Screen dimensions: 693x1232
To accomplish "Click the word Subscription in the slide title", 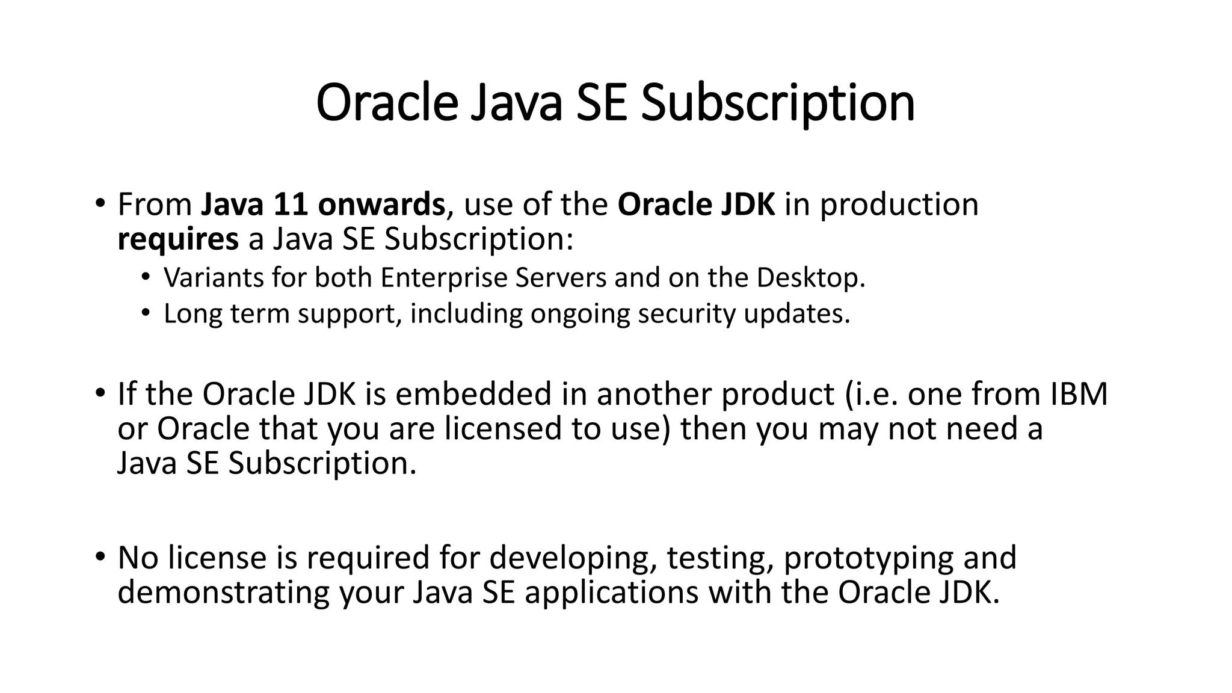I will click(x=777, y=103).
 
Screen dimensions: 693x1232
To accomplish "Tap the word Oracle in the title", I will click(x=387, y=103).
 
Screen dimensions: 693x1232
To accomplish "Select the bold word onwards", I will click(x=381, y=205).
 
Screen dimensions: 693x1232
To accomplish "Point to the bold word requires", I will click(x=178, y=239).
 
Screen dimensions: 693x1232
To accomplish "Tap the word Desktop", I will click(x=810, y=278).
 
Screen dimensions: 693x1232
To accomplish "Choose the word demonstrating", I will click(x=223, y=593).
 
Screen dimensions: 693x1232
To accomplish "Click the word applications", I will click(x=611, y=593).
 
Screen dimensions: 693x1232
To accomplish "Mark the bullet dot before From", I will click(x=99, y=202).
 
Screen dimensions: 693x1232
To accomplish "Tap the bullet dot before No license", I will click(x=99, y=556).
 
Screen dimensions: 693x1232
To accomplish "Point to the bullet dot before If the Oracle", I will click(x=99, y=392).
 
